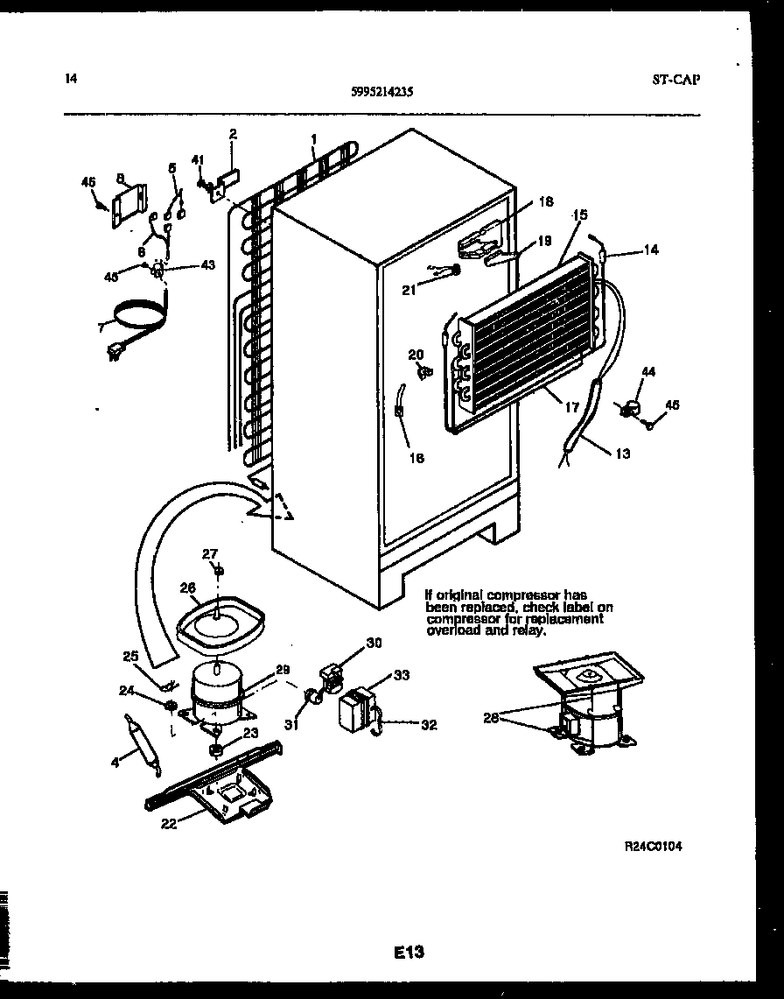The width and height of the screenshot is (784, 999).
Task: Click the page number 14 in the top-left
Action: point(71,79)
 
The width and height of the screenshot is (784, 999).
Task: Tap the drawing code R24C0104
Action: point(653,847)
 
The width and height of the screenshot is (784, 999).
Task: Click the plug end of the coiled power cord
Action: point(112,353)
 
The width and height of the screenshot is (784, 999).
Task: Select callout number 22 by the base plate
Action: point(169,823)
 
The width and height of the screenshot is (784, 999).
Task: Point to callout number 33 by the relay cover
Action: point(401,675)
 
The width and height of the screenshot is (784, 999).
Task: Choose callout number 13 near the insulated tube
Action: point(622,454)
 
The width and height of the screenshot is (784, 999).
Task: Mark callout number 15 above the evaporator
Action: point(579,215)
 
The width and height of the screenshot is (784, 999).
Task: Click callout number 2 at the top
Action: point(233,134)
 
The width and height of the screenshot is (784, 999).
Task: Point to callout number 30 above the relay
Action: point(374,643)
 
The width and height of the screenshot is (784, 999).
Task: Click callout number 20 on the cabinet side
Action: point(416,354)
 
